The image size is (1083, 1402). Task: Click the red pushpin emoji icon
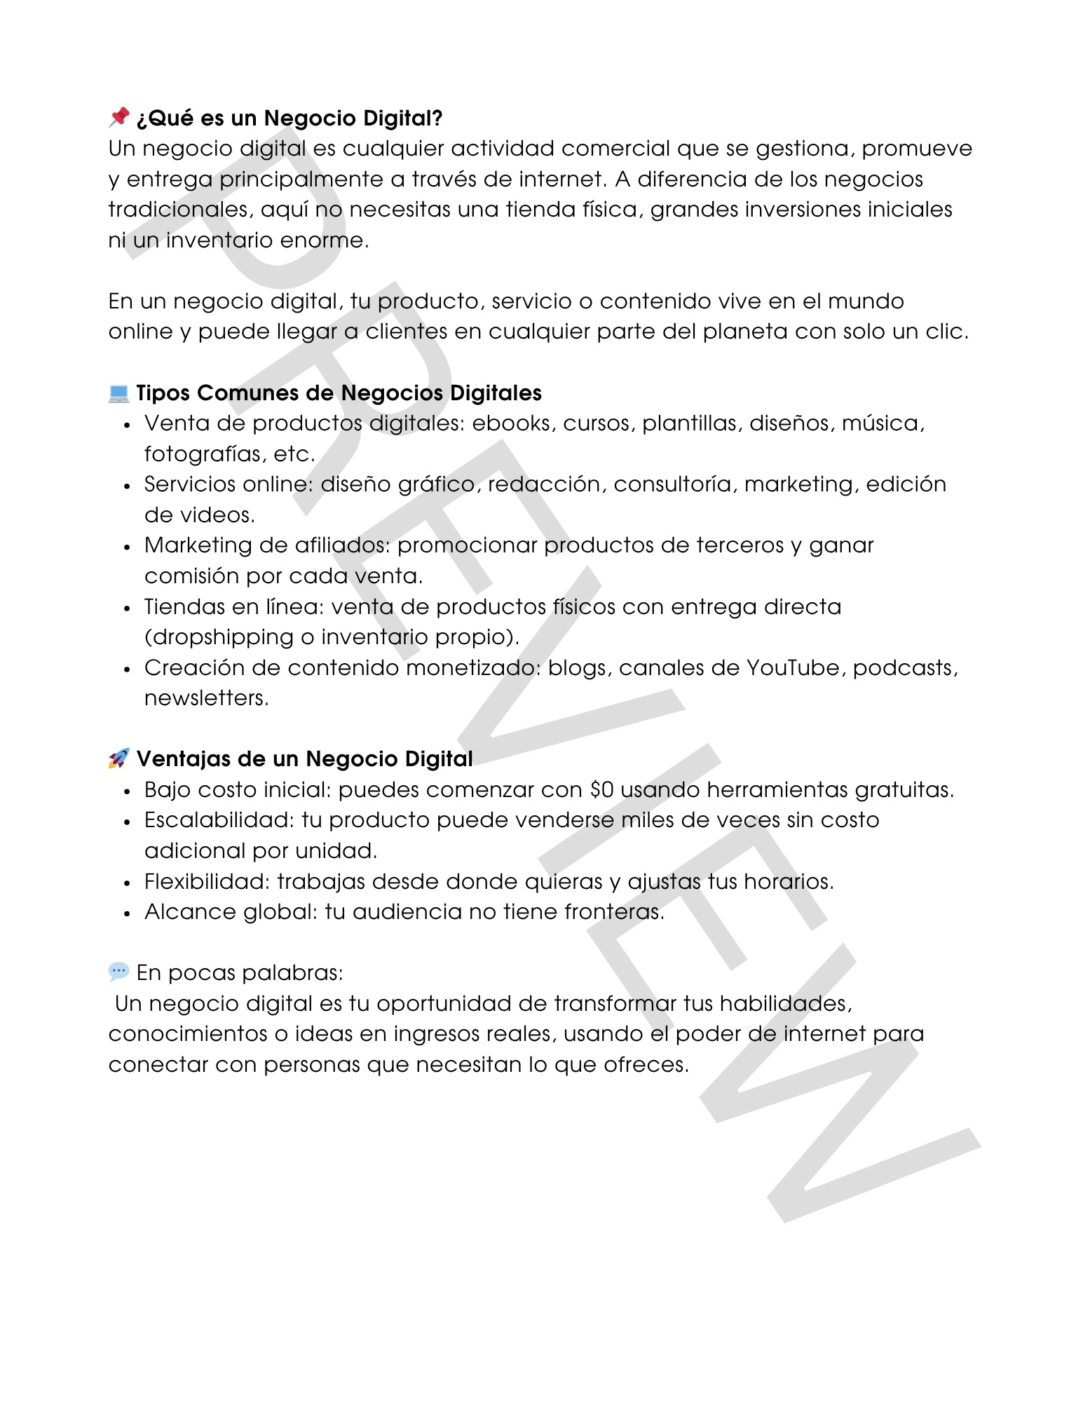[119, 117]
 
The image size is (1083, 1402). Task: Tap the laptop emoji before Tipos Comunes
[118, 393]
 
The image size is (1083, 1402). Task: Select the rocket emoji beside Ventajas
[118, 758]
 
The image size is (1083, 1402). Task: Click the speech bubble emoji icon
[118, 972]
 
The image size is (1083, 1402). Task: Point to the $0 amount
[602, 789]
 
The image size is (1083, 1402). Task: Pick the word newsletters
[205, 698]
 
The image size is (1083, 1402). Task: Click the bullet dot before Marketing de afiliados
[127, 547]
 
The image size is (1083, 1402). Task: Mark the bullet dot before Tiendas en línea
[127, 608]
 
